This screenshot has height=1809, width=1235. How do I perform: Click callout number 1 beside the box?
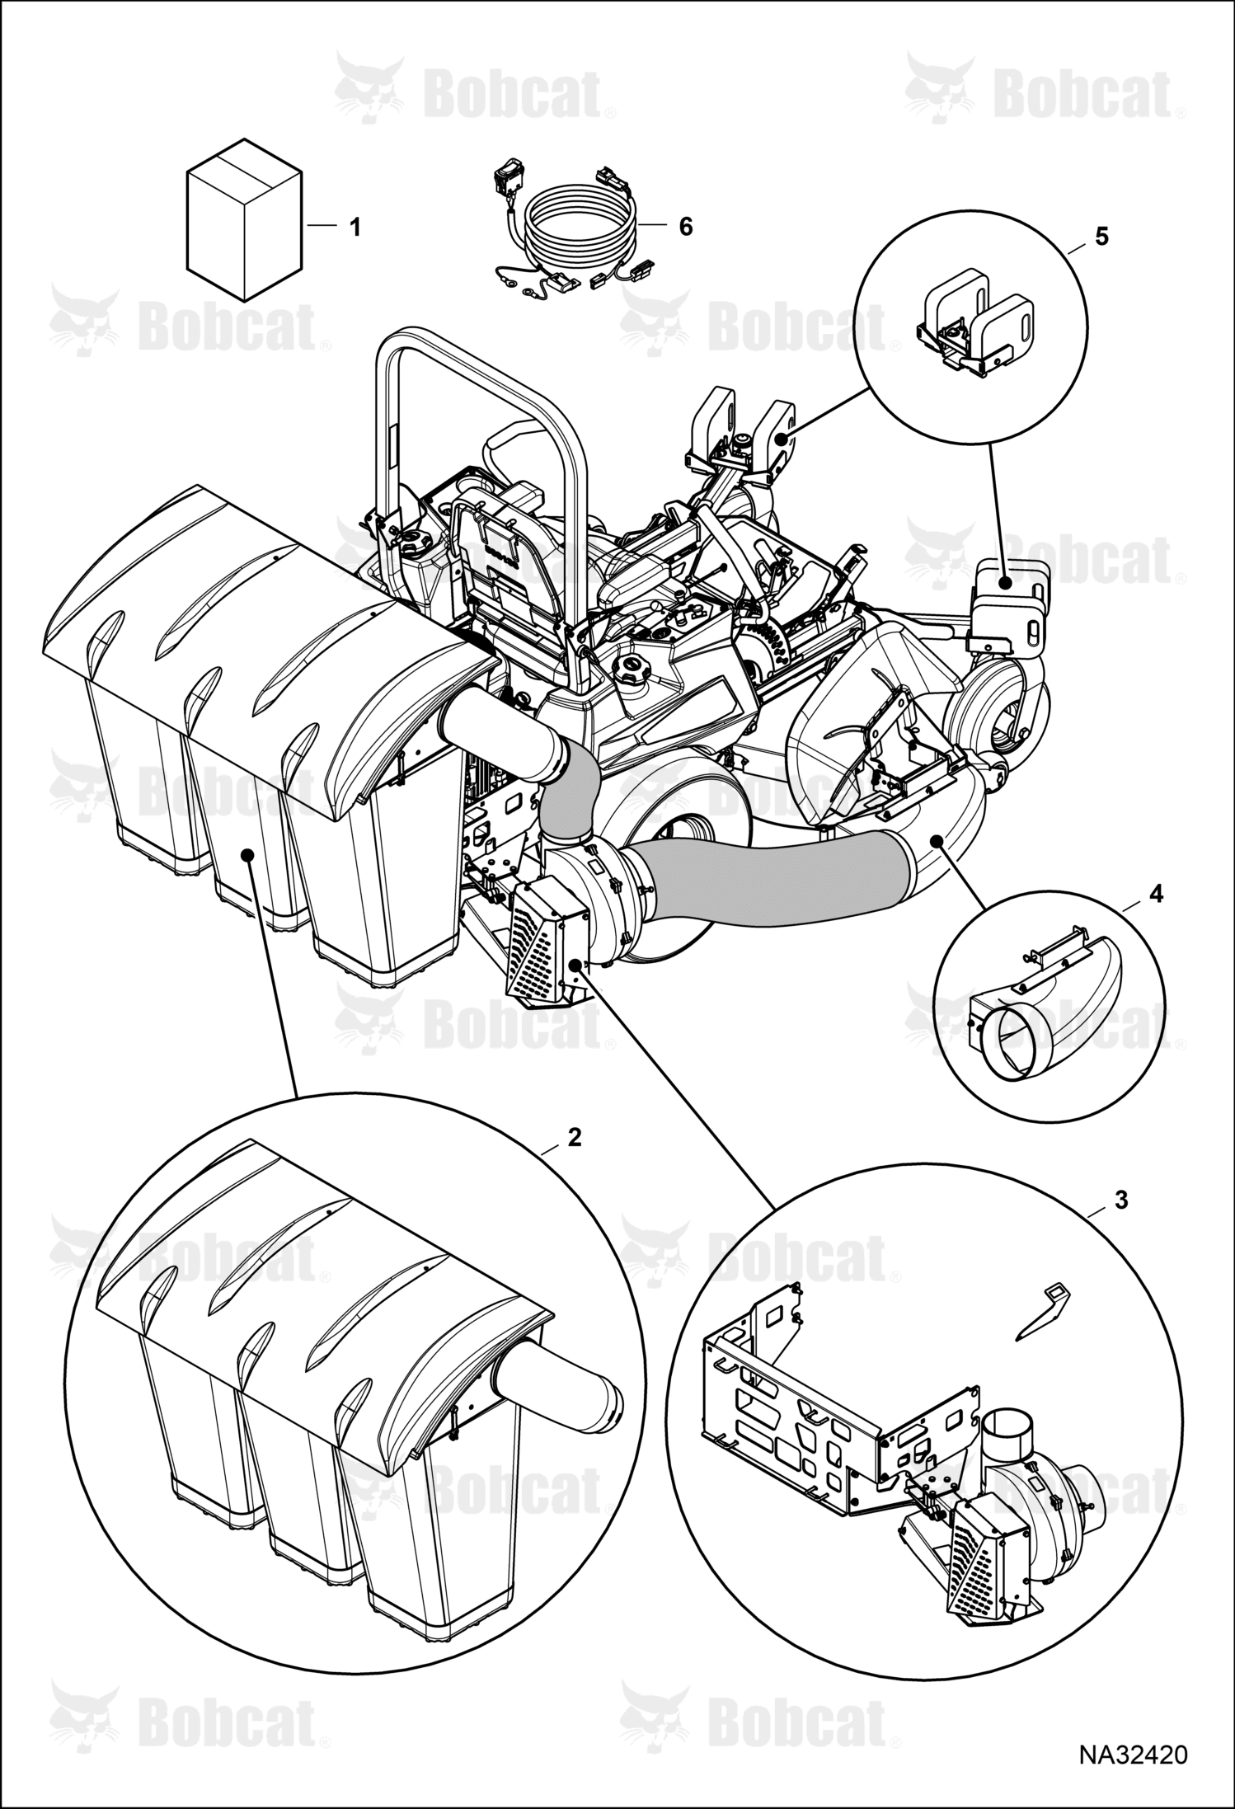tap(355, 227)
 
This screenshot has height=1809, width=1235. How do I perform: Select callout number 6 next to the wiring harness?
tap(685, 227)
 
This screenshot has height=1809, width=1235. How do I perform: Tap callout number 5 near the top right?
tap(1101, 236)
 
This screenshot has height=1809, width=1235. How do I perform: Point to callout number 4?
tap(1157, 894)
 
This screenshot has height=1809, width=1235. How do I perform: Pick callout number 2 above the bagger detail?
tap(575, 1137)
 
